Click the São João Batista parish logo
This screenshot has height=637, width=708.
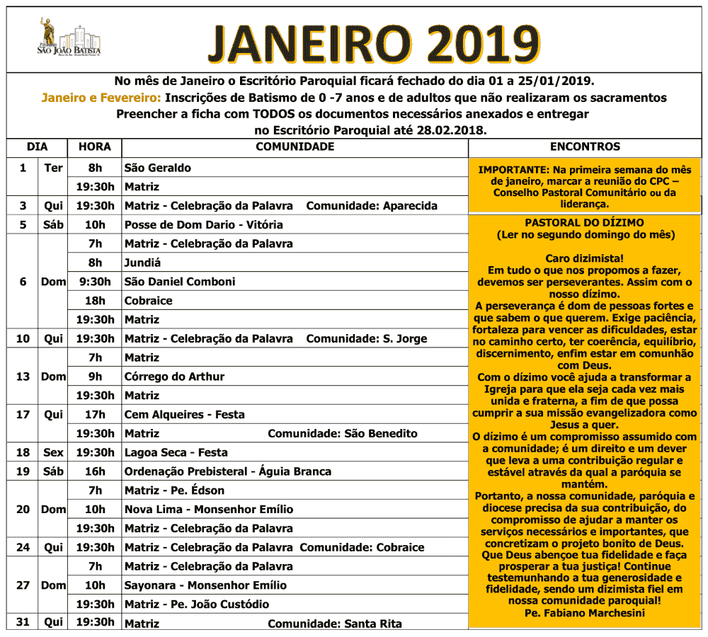point(69,39)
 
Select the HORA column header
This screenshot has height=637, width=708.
point(94,147)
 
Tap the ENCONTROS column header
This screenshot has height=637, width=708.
point(585,147)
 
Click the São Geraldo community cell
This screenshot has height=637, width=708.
point(158,168)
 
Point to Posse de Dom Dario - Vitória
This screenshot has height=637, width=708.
point(204,225)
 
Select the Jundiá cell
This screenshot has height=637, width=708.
point(143,263)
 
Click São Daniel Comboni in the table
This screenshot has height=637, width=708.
point(180,282)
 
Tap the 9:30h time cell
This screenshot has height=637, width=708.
point(94,282)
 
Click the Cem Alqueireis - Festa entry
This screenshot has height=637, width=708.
point(184,415)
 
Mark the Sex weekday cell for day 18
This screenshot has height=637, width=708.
point(53,452)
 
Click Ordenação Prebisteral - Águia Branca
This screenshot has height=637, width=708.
point(228,471)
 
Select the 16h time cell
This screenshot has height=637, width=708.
point(94,471)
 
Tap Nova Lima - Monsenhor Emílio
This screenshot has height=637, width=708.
point(209,510)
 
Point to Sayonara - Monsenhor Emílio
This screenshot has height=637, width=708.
point(206,585)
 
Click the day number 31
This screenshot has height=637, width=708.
point(23,622)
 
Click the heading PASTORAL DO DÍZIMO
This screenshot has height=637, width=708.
point(585,222)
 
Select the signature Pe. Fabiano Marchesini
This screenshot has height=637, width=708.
point(585,613)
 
